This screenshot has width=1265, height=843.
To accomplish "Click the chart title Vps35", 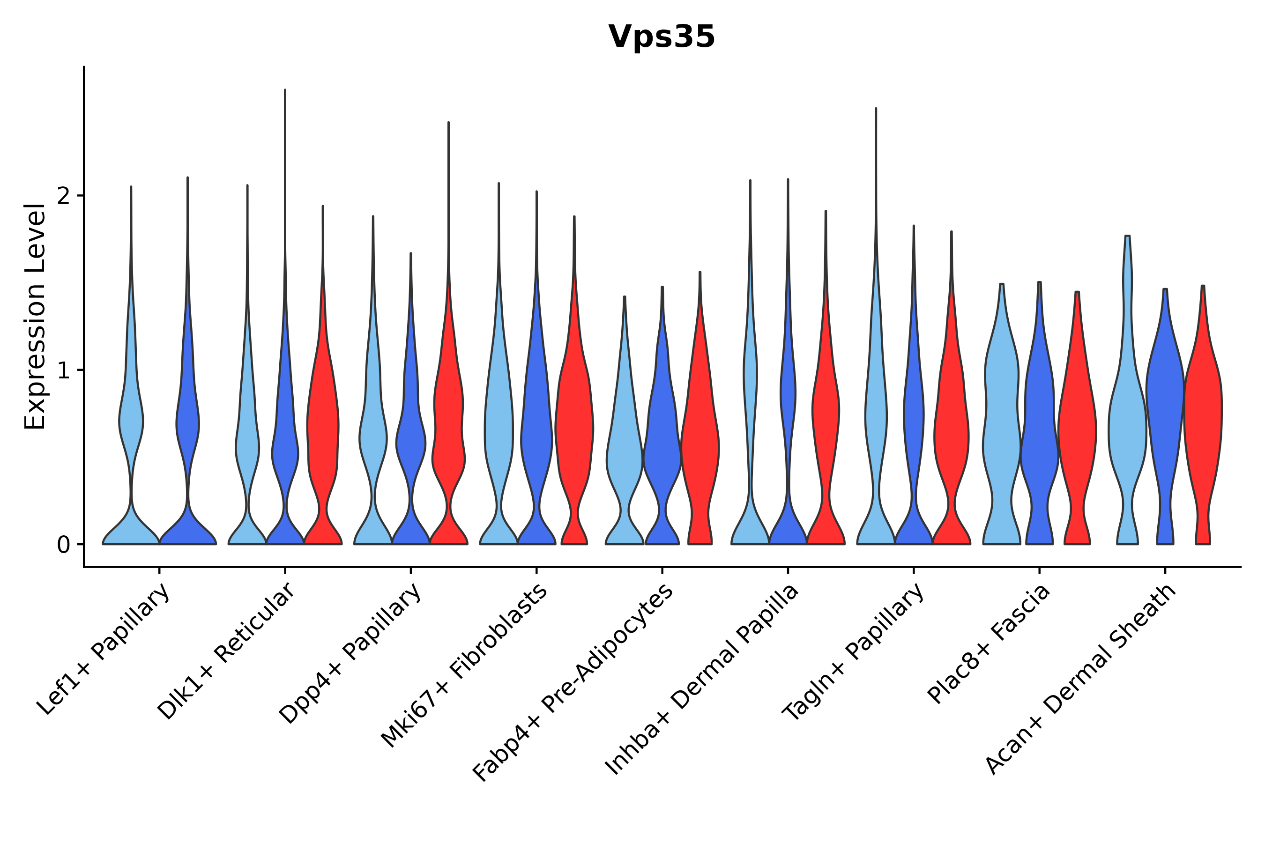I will point(661,37).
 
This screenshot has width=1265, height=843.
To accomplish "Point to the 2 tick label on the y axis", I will point(63,196).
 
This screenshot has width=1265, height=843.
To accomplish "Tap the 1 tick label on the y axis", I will point(63,370).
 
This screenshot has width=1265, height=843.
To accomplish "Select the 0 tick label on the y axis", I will point(63,545).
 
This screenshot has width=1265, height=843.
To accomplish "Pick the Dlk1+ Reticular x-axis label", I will point(226,651).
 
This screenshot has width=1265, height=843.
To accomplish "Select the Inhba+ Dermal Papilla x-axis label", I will point(701,680).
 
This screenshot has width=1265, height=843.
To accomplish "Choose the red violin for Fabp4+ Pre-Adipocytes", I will point(699,430).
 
